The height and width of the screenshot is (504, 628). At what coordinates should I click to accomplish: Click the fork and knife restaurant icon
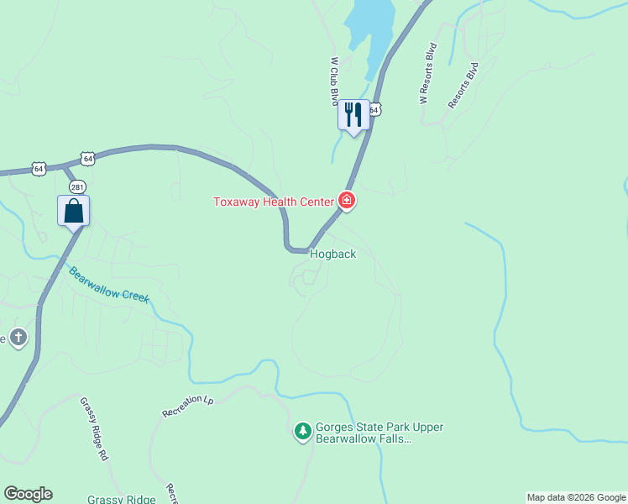pos(353,114)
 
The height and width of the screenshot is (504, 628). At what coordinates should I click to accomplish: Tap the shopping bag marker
pos(73,210)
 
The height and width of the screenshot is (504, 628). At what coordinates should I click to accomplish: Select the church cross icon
pos(18,338)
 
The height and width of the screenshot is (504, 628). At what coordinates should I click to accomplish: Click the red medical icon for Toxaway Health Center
pos(346,201)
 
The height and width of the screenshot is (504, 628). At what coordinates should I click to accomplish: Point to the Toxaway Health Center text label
pos(274,202)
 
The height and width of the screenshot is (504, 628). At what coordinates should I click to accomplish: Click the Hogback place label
pos(333,254)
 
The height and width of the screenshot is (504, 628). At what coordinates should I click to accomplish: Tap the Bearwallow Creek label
pos(108,286)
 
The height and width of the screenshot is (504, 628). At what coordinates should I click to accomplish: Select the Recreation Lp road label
pos(188,406)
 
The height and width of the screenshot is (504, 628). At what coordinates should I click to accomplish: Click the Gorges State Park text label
pos(379,433)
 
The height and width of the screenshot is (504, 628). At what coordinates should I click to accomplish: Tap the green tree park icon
pos(302,431)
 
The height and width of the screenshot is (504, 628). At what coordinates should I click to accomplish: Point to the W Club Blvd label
pos(334,82)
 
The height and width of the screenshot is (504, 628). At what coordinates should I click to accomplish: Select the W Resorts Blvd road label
pos(429,74)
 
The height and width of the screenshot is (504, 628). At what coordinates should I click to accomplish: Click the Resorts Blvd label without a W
pos(463,85)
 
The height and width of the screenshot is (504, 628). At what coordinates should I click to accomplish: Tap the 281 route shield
pos(78,186)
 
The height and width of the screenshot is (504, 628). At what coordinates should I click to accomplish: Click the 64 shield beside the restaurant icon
pos(374,109)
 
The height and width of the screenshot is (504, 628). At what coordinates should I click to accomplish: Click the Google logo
pos(28,494)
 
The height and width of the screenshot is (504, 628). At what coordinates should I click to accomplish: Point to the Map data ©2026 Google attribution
pos(576,497)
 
